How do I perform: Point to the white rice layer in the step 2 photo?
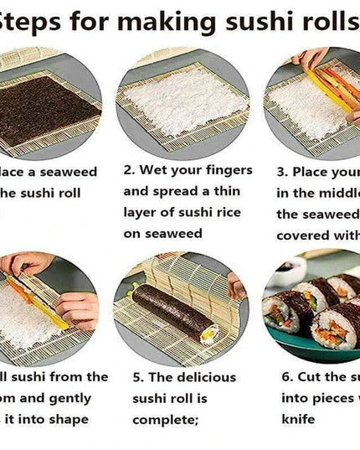[183, 101]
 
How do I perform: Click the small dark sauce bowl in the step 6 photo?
[290, 270]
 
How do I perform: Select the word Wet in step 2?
[156, 170]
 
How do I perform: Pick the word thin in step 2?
[224, 191]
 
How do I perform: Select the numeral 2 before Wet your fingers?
[128, 170]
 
